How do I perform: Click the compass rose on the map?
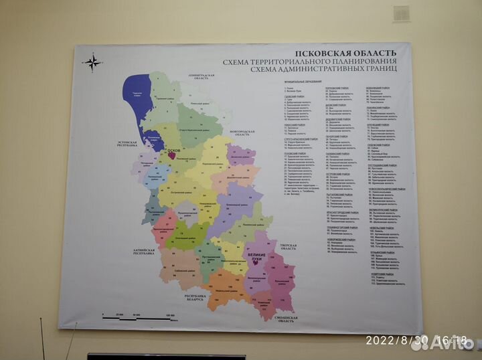92,63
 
